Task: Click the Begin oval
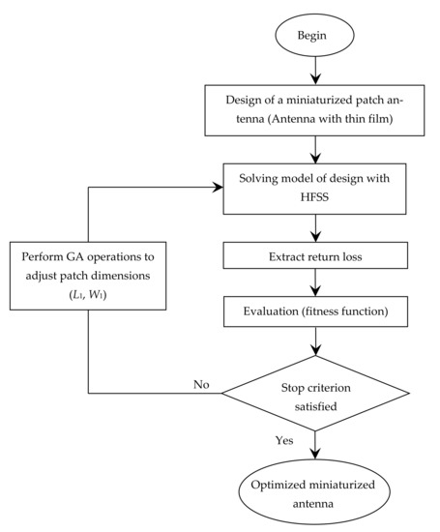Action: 316,39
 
